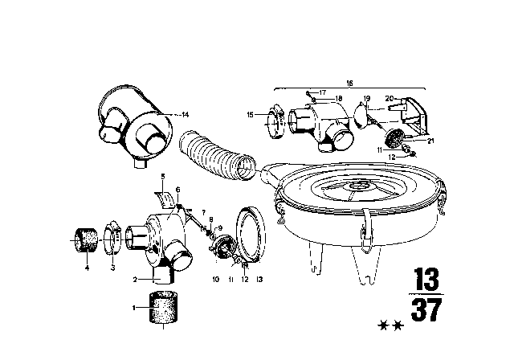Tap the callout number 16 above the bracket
(349, 82)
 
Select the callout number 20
(390, 98)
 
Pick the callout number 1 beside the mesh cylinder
(134, 308)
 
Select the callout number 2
(136, 279)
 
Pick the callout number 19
(365, 98)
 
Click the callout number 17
(321, 93)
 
